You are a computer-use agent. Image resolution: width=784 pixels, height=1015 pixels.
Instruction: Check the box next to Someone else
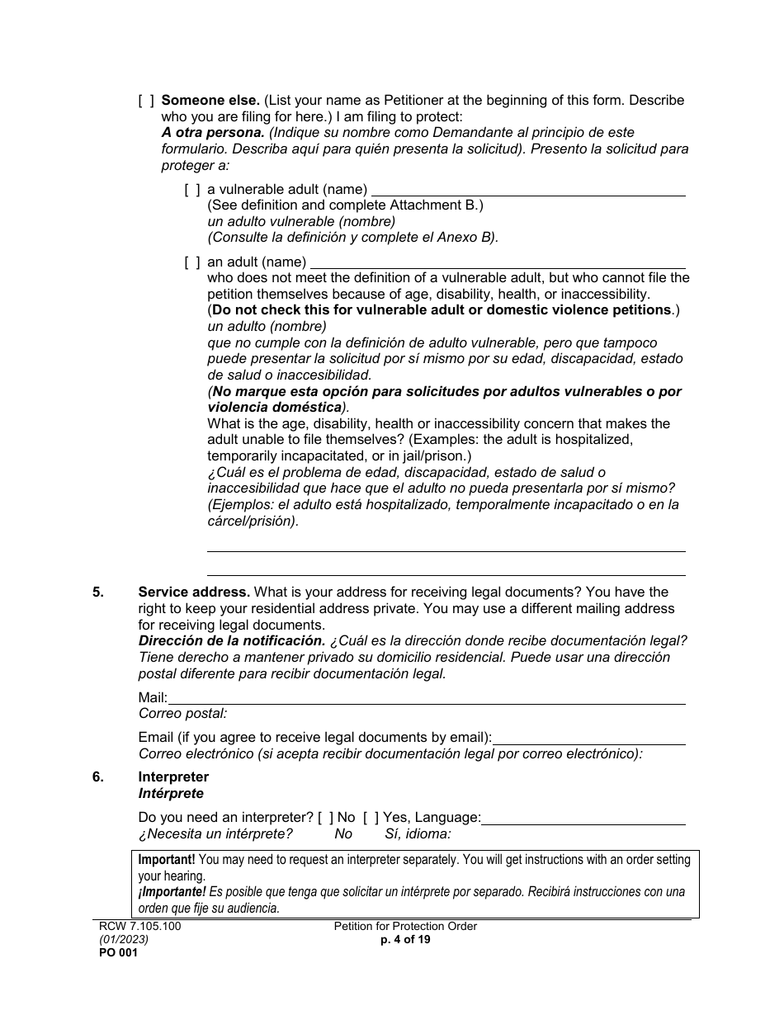[146, 101]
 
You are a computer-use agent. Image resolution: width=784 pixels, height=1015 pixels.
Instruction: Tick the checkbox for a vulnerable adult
[192, 190]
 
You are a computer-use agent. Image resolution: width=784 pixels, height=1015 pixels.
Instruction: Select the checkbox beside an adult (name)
[192, 262]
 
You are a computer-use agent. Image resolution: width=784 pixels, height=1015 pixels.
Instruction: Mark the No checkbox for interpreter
[326, 818]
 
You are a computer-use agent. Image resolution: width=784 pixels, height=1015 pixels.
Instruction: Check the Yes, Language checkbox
[371, 818]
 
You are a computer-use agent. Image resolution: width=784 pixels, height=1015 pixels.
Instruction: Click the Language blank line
[583, 819]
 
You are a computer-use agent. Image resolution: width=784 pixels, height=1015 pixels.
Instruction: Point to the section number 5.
[98, 592]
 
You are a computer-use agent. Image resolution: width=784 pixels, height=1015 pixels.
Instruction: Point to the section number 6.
[98, 777]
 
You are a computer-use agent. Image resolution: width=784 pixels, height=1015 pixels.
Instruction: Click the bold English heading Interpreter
[173, 777]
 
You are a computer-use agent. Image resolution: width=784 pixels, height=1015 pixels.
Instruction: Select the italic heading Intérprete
[171, 793]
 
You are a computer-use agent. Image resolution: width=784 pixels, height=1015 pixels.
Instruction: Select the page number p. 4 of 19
[405, 940]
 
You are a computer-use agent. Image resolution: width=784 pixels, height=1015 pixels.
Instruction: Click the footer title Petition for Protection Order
[405, 927]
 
